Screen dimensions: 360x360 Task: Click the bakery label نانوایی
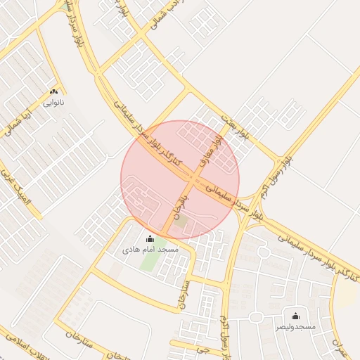(53, 103)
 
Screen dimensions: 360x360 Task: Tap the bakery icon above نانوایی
(53, 92)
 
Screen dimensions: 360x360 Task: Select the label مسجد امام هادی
(150, 250)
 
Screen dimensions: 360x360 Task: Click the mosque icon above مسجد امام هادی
(149, 239)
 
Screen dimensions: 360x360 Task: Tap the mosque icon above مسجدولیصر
(295, 316)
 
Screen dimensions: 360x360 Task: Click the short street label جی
(204, 349)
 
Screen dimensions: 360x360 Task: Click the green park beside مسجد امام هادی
(148, 257)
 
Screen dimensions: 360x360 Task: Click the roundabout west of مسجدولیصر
(256, 317)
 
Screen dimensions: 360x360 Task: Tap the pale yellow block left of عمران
(346, 296)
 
